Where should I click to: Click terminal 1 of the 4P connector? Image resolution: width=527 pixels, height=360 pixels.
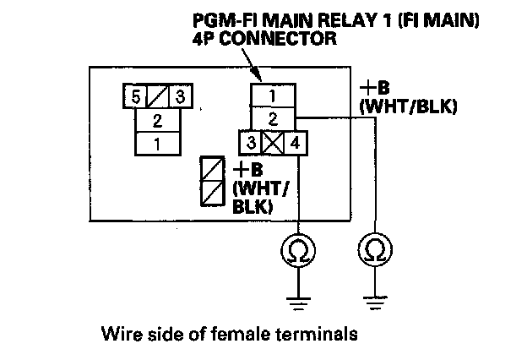(x=273, y=95)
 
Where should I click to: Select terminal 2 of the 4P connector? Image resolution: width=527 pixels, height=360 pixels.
(x=273, y=119)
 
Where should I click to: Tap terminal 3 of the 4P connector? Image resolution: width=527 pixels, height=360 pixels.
(x=250, y=143)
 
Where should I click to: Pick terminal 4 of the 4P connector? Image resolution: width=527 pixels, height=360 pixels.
(x=296, y=143)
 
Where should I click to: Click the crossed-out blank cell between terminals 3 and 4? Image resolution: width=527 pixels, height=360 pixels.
(x=273, y=143)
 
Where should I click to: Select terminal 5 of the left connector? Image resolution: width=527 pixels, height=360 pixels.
(x=135, y=96)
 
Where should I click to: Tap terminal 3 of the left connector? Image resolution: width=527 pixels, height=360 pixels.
(x=181, y=96)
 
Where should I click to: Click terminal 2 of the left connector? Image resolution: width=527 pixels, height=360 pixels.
(x=158, y=120)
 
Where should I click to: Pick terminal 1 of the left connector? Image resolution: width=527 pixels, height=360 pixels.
(x=158, y=144)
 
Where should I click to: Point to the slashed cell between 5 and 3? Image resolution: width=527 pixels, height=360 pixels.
(x=158, y=96)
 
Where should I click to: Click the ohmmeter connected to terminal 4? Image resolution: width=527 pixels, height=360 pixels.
(x=298, y=251)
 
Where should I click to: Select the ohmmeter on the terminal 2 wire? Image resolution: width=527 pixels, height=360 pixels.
(x=375, y=249)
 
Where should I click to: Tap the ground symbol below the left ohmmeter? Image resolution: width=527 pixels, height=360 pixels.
(x=298, y=303)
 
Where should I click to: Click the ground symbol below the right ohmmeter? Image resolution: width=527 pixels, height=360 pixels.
(x=375, y=303)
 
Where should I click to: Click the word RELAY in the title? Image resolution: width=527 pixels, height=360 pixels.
(x=348, y=21)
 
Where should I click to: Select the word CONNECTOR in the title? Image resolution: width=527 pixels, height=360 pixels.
(x=279, y=38)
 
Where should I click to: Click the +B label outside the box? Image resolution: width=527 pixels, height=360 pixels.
(x=375, y=88)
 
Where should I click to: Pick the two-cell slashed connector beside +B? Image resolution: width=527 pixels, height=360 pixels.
(x=213, y=181)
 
